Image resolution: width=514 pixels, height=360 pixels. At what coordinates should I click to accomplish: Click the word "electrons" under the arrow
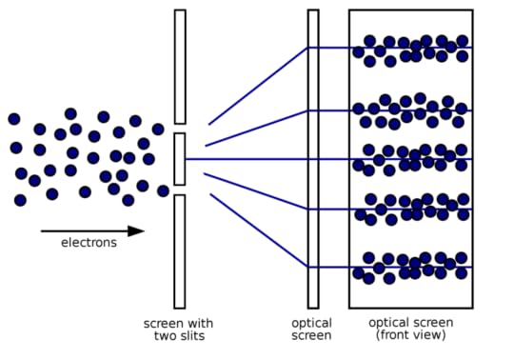click(89, 242)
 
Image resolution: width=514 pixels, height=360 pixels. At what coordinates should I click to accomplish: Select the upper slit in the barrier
click(179, 129)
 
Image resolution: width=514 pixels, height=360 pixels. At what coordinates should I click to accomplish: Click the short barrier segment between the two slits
click(179, 159)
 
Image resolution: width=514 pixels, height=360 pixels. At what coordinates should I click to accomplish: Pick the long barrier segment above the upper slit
click(179, 67)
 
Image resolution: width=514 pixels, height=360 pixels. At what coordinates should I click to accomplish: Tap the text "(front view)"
click(410, 336)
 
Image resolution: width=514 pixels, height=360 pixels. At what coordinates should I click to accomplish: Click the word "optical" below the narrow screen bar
click(311, 324)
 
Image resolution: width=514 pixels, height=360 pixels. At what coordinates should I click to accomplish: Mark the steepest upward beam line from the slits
click(257, 87)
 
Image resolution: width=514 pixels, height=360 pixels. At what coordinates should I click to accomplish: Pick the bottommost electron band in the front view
click(410, 268)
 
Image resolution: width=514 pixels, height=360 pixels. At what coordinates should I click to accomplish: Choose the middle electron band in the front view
click(410, 158)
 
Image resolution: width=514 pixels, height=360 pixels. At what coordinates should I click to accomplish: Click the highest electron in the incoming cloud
click(70, 113)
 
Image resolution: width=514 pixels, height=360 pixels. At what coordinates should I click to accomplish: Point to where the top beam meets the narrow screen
click(308, 48)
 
